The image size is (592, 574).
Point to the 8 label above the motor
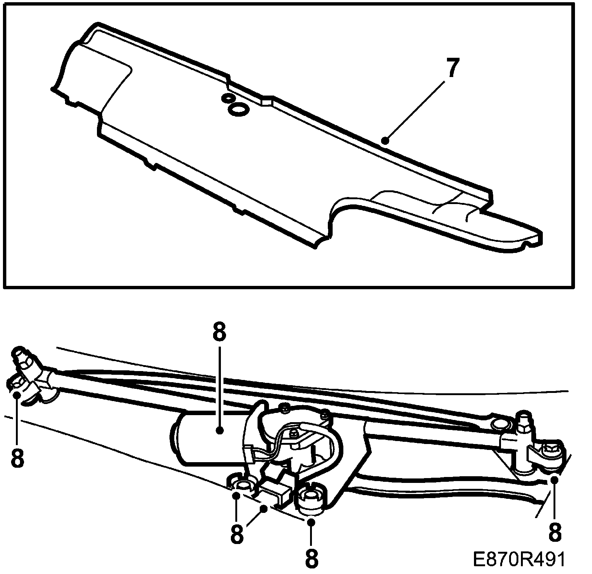219,333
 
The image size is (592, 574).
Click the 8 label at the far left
17,458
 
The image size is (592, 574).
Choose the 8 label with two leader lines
237,534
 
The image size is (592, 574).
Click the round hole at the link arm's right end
501,423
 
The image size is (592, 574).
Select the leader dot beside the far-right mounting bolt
554,480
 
